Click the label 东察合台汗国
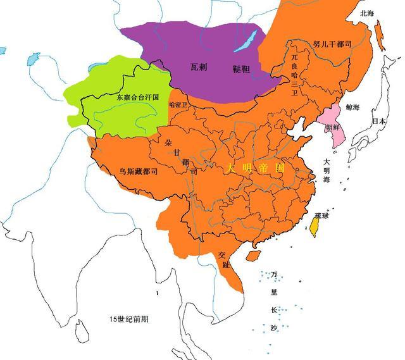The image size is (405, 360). [x=137, y=98]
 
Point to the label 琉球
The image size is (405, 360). [x=321, y=216]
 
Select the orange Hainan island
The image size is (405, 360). [x=251, y=256]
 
